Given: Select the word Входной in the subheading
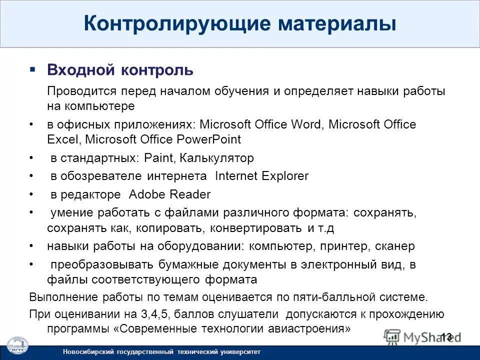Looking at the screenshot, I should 80,70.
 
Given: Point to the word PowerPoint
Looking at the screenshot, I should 212,139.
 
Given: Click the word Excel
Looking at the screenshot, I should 58,139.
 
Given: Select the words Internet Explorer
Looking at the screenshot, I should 261,176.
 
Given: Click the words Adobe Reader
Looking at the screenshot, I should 169,194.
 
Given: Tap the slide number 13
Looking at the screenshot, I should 446,336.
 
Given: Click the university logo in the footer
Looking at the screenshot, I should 16,346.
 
